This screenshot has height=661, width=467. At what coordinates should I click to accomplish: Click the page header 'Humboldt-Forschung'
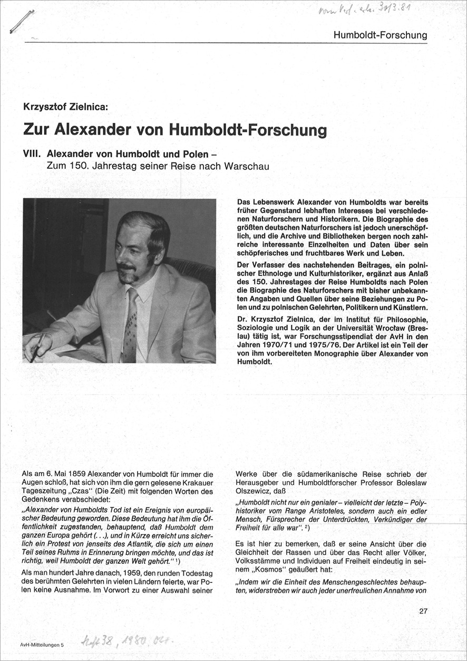click(x=380, y=35)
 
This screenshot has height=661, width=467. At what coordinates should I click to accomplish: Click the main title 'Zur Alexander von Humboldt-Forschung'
click(x=174, y=129)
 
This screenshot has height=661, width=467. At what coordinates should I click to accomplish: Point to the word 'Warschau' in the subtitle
click(x=247, y=166)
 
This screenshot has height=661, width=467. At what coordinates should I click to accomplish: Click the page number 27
click(x=423, y=611)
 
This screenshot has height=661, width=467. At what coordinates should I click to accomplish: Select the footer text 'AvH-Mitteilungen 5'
click(x=42, y=645)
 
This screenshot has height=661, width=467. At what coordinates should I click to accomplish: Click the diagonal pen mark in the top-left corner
click(x=22, y=22)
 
